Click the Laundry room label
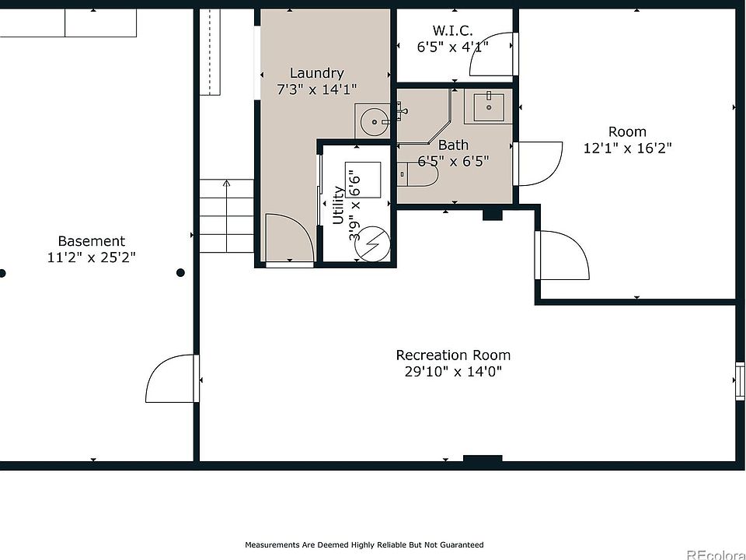[x=316, y=73]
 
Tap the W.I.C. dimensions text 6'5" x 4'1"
[x=453, y=47]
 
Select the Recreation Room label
[x=453, y=355]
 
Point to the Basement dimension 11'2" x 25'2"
[x=92, y=257]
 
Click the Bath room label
[x=453, y=145]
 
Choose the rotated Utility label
[x=338, y=205]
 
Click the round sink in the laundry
[x=375, y=122]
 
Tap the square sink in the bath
[x=489, y=107]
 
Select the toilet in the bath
[x=418, y=174]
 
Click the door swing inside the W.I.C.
[x=491, y=54]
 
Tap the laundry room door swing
[x=289, y=238]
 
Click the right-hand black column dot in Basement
[x=181, y=273]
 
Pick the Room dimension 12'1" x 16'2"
[x=628, y=148]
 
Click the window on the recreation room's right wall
[x=740, y=380]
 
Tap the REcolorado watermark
[x=716, y=555]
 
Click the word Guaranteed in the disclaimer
[x=462, y=544]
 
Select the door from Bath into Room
[x=538, y=164]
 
